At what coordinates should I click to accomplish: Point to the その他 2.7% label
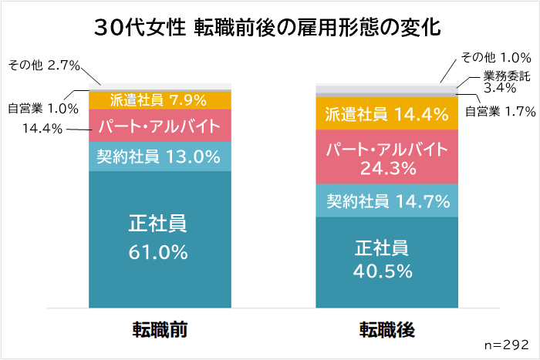(x=44, y=66)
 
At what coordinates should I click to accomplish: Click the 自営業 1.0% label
(x=43, y=109)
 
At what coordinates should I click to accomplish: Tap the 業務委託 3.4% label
(x=506, y=82)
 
